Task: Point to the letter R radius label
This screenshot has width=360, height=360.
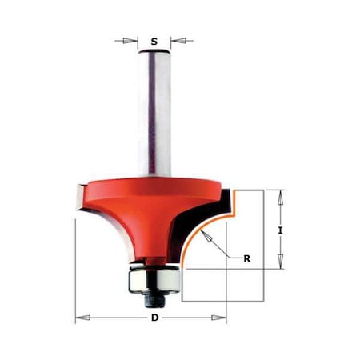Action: coord(247,258)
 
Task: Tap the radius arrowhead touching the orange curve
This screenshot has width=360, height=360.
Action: coord(204,232)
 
